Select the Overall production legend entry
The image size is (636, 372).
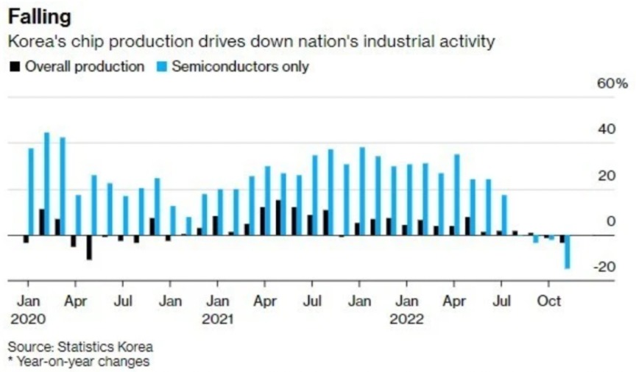pos(77,66)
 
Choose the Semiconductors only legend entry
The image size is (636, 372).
pos(233,66)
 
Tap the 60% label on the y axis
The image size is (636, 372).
pos(612,83)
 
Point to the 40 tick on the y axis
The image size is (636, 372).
pos(607,129)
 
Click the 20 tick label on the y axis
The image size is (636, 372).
pos(607,176)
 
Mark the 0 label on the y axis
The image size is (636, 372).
pos(611,221)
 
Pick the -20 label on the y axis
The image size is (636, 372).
pos(605,267)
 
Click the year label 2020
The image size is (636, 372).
pos(28,320)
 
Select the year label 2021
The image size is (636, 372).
pos(217,320)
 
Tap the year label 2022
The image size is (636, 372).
pos(406,320)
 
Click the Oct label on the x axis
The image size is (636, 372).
pos(548,301)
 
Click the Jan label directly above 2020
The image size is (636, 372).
pos(28,301)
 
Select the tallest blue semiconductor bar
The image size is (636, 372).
pos(47,184)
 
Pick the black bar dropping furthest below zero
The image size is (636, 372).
pos(89,248)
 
